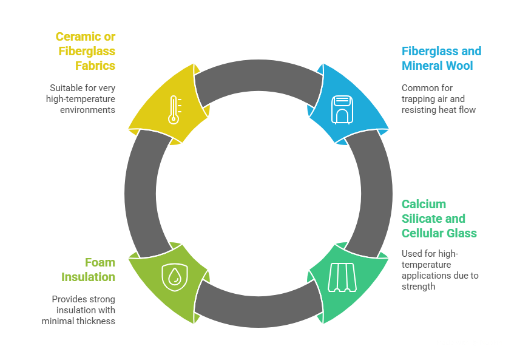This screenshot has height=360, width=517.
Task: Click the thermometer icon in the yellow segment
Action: (x=174, y=109)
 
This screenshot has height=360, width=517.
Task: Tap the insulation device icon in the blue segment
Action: (x=341, y=109)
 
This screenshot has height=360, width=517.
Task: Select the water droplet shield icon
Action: (x=174, y=276)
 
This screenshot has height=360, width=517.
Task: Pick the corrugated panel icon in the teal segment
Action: (x=341, y=277)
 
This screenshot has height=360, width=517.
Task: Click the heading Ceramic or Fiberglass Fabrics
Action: (x=86, y=51)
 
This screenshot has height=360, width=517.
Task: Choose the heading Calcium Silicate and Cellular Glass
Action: (x=439, y=219)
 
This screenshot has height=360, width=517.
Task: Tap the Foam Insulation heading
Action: (x=88, y=270)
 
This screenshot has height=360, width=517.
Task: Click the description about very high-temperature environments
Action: (x=81, y=98)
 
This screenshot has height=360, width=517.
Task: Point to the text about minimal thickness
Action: (x=79, y=310)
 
